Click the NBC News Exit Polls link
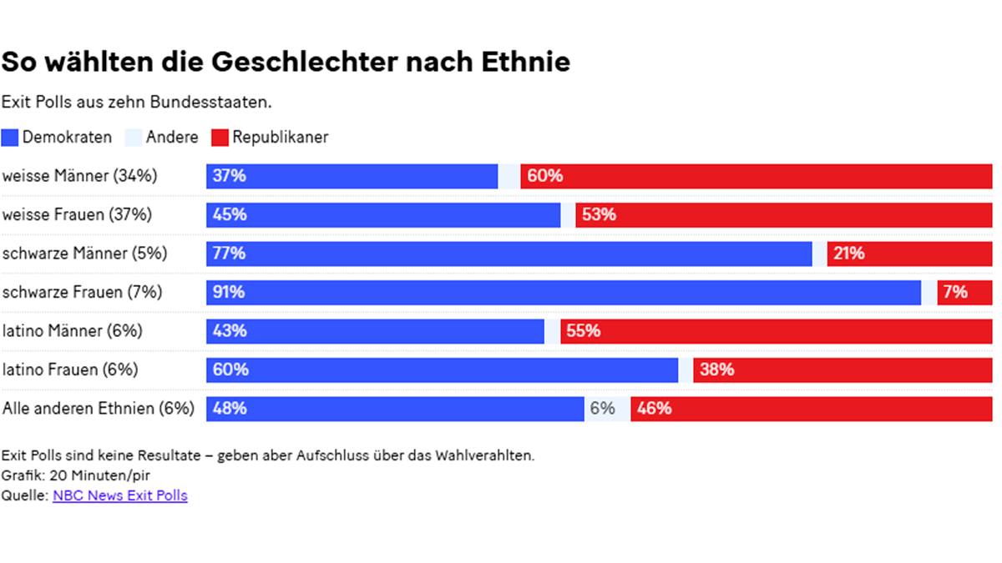coord(119,495)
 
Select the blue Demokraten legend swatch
coord(10,138)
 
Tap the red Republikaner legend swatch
coord(220,138)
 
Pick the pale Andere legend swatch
coord(134,138)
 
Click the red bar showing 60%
coord(756,176)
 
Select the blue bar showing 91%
coord(564,292)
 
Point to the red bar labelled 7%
coord(964,292)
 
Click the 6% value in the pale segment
coord(603,409)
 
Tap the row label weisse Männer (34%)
coord(80,176)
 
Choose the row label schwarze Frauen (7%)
coord(83,292)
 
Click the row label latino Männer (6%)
coord(73,331)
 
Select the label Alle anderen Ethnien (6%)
coord(99,409)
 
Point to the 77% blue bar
coord(509,254)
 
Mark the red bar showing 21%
coord(909,254)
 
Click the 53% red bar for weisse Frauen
coord(783,214)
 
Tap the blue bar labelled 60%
coord(443,369)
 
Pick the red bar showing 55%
coord(776,331)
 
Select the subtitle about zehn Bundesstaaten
coord(137,103)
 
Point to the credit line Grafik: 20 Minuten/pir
coord(76,475)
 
